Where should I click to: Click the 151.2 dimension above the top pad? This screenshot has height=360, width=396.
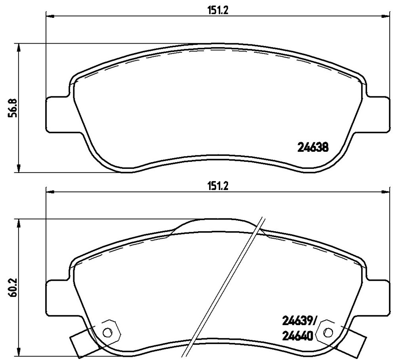[x=218, y=11]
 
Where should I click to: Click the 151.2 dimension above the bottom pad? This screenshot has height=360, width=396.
[x=218, y=186]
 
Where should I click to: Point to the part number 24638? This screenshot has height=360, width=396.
[x=313, y=147]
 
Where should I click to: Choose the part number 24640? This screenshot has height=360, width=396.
[x=297, y=336]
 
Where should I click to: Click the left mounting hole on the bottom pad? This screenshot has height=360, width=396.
[x=108, y=331]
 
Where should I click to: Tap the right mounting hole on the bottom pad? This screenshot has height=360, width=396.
[x=328, y=331]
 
